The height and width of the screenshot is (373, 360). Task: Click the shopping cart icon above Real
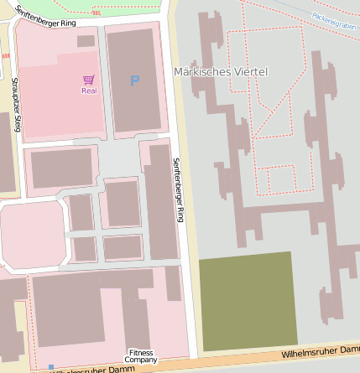(88, 80)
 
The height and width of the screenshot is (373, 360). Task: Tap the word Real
(88, 91)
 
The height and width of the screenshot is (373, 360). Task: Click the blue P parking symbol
(134, 80)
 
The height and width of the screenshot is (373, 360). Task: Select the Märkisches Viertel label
(220, 72)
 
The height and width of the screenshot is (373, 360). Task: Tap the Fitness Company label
(141, 356)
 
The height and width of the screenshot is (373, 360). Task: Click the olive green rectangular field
(248, 301)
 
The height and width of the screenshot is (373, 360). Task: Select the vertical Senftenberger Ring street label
(178, 189)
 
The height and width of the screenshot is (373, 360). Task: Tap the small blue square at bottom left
(51, 367)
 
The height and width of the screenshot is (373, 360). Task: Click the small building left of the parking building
(86, 40)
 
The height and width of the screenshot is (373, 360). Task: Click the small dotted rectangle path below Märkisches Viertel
(281, 179)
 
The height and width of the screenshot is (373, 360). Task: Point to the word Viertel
(248, 72)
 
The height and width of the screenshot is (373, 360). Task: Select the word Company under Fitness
(141, 360)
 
